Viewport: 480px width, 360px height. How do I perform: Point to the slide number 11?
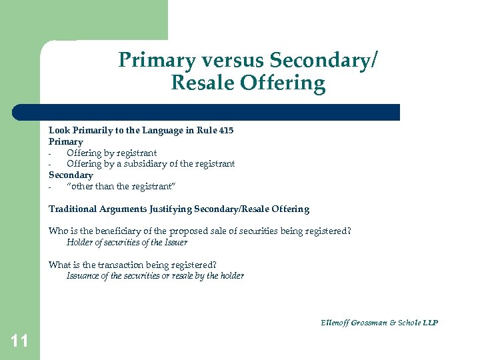(19, 342)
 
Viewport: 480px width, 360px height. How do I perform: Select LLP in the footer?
(430, 323)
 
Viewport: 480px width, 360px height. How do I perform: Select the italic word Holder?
(79, 243)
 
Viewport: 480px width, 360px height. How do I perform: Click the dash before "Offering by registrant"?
(51, 153)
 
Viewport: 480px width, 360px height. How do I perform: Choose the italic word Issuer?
(175, 243)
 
